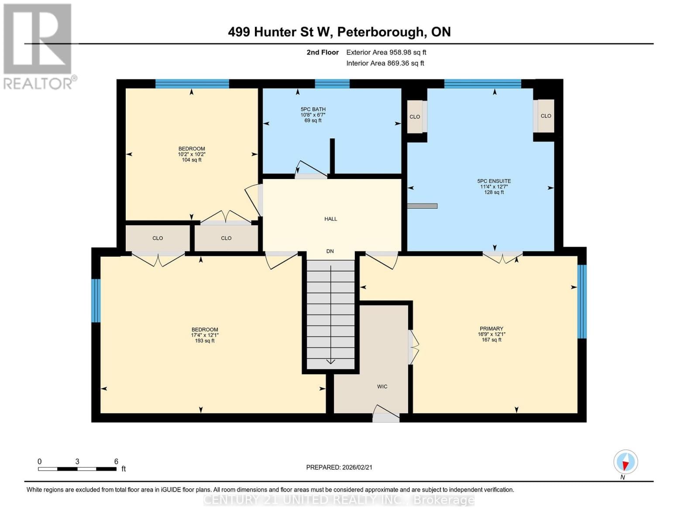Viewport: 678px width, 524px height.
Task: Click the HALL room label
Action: (330, 219)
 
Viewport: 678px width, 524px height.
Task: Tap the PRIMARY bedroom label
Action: (491, 329)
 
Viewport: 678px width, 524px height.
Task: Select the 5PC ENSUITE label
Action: (494, 181)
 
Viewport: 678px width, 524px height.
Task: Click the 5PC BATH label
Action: (313, 110)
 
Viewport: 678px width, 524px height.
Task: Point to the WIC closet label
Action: (382, 386)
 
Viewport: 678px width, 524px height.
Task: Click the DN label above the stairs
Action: (330, 251)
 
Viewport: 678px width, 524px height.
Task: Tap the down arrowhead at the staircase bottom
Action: (330, 361)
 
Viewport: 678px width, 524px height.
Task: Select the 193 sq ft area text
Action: (205, 341)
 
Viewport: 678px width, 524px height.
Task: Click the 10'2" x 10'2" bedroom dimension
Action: (192, 154)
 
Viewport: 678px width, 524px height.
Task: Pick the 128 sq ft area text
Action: (494, 192)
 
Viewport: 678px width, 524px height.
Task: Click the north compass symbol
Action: (626, 462)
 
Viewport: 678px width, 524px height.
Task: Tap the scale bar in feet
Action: (77, 469)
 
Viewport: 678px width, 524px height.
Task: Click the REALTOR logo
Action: (38, 46)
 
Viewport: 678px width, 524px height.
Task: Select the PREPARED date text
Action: (339, 467)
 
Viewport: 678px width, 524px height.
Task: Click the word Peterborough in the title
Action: (381, 32)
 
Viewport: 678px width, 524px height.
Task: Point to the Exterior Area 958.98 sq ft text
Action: (386, 52)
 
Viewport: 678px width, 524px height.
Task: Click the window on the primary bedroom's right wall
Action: (582, 301)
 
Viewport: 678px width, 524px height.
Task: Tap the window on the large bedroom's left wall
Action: (96, 300)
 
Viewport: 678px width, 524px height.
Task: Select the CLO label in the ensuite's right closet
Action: (546, 116)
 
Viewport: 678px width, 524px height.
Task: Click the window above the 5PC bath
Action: (332, 84)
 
